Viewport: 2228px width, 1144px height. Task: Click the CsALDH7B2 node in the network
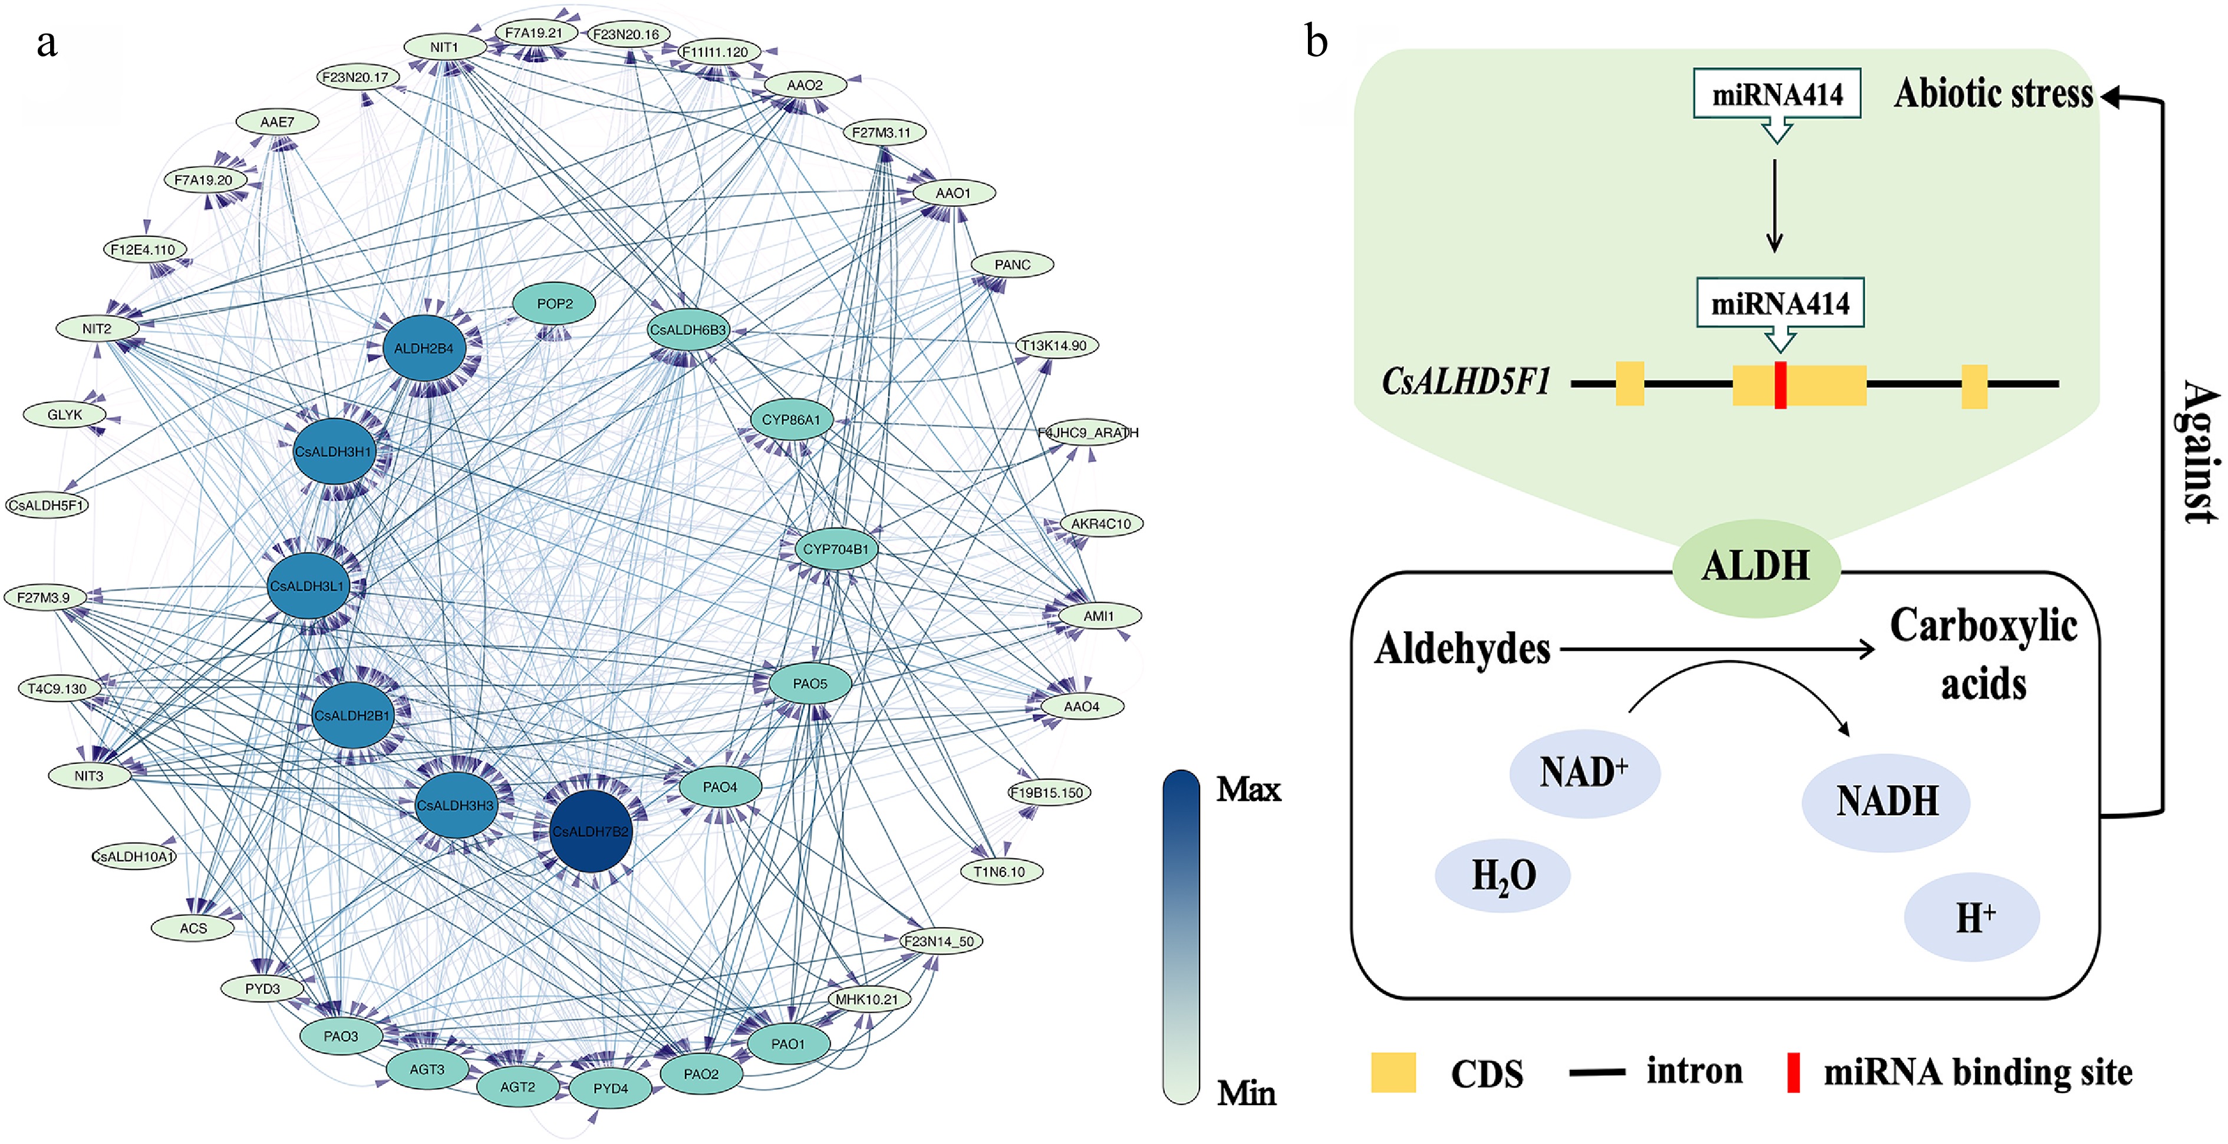click(x=591, y=832)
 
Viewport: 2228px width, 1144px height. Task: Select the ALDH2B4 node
click(x=424, y=348)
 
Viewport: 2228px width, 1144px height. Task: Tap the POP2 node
click(x=555, y=304)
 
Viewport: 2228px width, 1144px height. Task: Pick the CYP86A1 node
click(x=790, y=420)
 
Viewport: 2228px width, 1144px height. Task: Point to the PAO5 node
click(x=809, y=684)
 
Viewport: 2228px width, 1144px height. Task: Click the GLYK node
click(x=65, y=415)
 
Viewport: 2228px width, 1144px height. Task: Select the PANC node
click(x=1012, y=265)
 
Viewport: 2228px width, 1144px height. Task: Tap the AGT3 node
click(x=427, y=1070)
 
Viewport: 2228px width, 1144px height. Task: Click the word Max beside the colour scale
click(x=1247, y=789)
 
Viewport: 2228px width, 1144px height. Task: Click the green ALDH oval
click(x=1756, y=567)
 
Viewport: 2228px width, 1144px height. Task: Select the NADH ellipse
click(x=1886, y=802)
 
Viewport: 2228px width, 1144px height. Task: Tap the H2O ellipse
click(x=1503, y=876)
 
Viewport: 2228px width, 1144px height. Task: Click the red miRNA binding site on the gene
click(x=1780, y=385)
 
